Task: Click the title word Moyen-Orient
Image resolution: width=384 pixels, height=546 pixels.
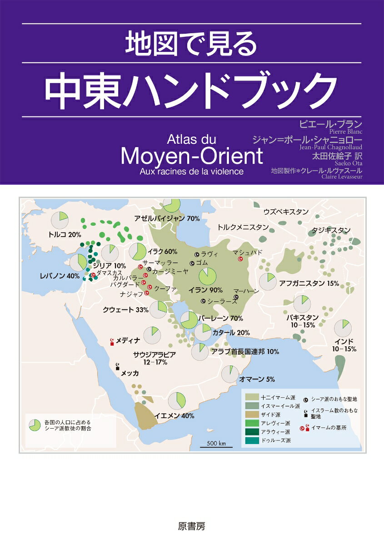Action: pyautogui.click(x=192, y=156)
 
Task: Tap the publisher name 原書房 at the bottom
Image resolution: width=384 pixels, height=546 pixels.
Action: pyautogui.click(x=192, y=526)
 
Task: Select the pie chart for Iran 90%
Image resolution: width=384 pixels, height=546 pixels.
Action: pyautogui.click(x=207, y=276)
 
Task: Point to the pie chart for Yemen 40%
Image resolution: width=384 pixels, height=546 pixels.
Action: pyautogui.click(x=177, y=401)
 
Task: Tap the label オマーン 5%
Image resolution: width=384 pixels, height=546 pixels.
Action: pyautogui.click(x=257, y=379)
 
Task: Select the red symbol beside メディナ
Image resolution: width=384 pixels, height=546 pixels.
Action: pyautogui.click(x=112, y=341)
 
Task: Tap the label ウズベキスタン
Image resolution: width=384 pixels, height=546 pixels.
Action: pyautogui.click(x=286, y=212)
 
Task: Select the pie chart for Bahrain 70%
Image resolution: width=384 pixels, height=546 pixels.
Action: pyautogui.click(x=189, y=320)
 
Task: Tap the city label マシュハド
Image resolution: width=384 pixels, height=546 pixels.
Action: pyautogui.click(x=247, y=253)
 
